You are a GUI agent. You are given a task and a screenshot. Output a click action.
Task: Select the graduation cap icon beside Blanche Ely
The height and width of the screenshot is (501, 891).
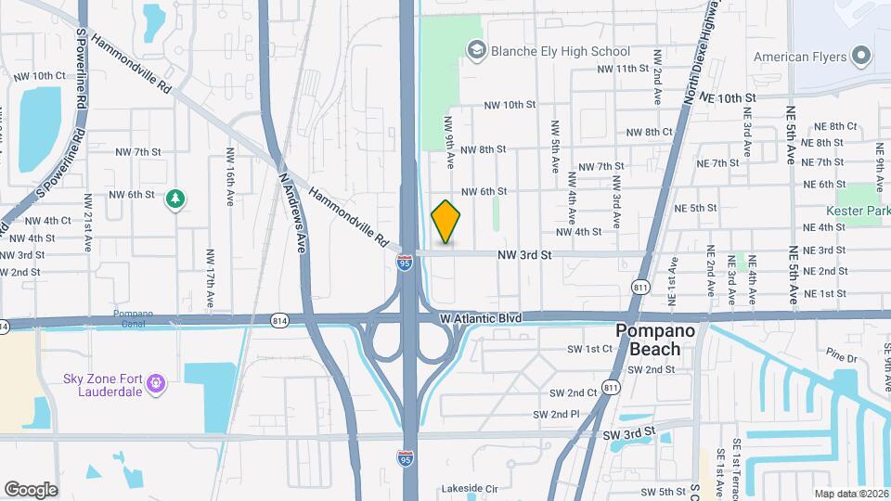point(476,50)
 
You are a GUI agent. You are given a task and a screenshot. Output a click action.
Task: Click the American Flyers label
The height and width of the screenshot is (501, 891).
point(799,57)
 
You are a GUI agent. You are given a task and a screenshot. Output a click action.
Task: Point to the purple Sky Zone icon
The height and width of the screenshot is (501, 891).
point(156,381)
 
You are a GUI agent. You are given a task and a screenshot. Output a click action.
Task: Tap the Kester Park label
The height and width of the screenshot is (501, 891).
point(859,212)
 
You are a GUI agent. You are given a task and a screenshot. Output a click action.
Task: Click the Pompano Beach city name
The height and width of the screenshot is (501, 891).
point(662,340)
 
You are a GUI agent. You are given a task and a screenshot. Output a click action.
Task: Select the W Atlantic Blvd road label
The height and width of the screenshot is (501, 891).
point(481,318)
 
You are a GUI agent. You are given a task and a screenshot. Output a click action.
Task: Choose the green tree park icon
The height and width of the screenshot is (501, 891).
point(174,199)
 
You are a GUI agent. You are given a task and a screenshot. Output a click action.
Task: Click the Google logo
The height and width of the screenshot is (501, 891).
point(31,489)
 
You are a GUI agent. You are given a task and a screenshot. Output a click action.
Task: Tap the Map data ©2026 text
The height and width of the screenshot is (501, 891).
point(851,494)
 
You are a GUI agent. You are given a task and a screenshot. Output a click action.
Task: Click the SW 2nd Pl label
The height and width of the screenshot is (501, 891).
point(557,414)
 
